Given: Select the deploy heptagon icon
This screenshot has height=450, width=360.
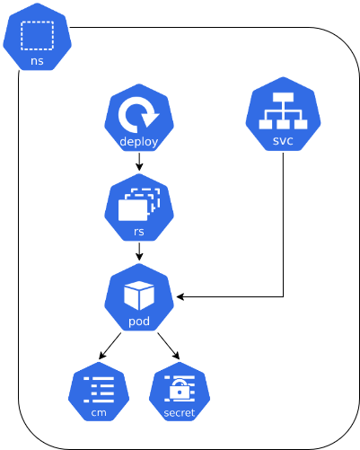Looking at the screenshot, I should tap(139, 118).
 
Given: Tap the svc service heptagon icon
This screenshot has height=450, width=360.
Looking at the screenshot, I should tap(283, 114).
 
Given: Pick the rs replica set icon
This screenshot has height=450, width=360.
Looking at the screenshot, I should tap(139, 207).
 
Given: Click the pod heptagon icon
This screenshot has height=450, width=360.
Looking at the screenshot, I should tap(139, 297).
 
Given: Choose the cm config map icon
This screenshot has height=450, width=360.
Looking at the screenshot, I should tap(99, 392).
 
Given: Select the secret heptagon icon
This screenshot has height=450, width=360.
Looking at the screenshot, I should tap(180, 392).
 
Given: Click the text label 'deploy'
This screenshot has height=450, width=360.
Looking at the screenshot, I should tap(139, 142).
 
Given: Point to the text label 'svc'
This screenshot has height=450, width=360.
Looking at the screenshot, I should tap(283, 141).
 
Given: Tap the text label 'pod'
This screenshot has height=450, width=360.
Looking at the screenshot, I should tap(139, 322).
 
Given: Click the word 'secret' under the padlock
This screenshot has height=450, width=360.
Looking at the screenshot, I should tap(180, 413).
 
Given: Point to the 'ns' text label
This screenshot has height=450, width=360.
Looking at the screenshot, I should tap(37, 61).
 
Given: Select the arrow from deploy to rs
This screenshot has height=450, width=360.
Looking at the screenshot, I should tap(139, 163).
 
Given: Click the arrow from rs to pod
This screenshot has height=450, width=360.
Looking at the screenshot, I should tap(139, 252).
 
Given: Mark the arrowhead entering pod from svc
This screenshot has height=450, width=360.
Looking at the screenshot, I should tap(180, 296).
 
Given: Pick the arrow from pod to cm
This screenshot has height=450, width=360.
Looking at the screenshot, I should tap(110, 346).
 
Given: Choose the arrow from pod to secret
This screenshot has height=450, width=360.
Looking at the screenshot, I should tap(168, 346).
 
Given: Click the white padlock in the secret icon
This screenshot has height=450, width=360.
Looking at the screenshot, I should tap(180, 390).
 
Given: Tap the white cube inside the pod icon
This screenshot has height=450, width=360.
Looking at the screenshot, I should tap(139, 295).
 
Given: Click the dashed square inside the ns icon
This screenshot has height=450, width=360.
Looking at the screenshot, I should tap(37, 35).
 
